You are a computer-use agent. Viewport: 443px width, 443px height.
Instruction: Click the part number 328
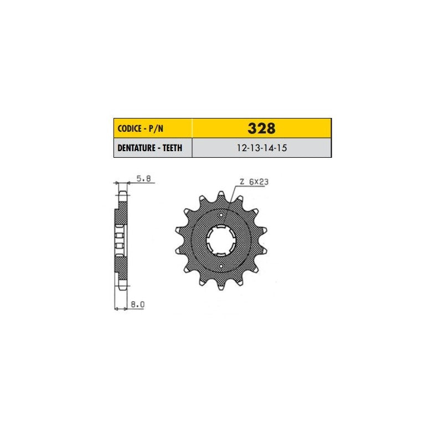click(261, 128)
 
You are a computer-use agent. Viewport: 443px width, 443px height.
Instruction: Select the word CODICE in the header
click(130, 128)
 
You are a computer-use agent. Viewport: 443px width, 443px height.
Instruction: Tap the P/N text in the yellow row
click(156, 128)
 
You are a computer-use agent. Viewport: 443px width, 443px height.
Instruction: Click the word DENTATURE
click(136, 148)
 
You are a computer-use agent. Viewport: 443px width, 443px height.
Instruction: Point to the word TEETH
click(172, 148)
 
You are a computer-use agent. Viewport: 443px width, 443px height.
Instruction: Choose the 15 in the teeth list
click(282, 148)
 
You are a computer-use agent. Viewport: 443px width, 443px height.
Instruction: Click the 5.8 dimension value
click(143, 178)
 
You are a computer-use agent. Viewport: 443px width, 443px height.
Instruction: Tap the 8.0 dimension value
click(137, 304)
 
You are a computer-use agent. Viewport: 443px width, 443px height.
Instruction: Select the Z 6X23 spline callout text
click(254, 182)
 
